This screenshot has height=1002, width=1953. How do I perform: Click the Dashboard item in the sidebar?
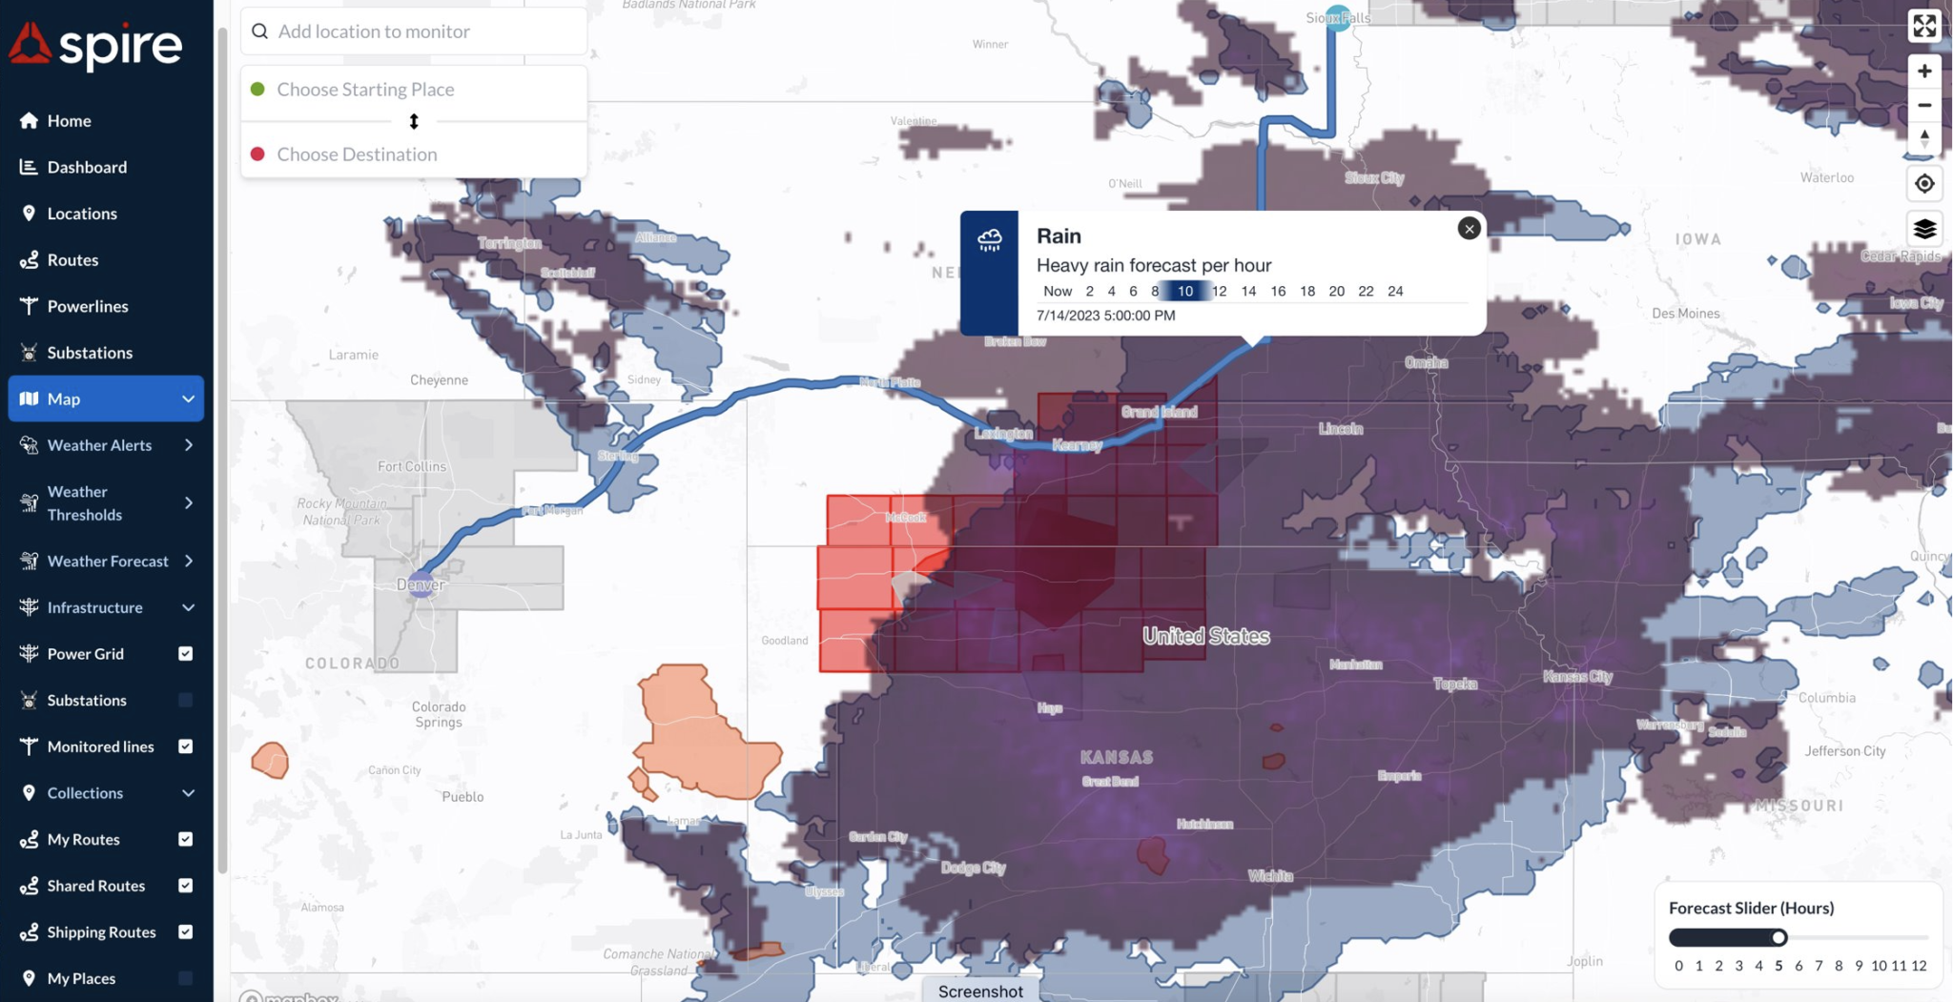86,167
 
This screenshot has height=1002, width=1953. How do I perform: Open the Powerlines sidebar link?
87,306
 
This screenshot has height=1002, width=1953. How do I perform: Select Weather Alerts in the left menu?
99,445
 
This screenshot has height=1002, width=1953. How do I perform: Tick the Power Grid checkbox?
186,653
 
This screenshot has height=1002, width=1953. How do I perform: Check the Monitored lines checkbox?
186,746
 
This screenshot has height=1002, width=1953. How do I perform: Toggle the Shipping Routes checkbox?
186,931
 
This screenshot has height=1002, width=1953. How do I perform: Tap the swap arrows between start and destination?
414,121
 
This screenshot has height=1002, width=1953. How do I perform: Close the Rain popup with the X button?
1469,228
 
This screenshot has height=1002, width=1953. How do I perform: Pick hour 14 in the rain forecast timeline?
1248,291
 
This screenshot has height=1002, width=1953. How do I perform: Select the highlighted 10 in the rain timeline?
1185,291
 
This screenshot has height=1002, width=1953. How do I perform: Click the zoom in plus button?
1924,72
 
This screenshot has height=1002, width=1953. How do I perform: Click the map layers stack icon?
1924,229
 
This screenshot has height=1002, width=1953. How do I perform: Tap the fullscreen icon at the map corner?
1924,26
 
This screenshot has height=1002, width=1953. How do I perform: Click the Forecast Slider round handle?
1778,937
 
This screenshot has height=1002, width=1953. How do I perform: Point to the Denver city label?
421,584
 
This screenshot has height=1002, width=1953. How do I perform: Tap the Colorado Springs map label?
439,714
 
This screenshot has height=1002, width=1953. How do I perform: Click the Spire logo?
95,45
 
